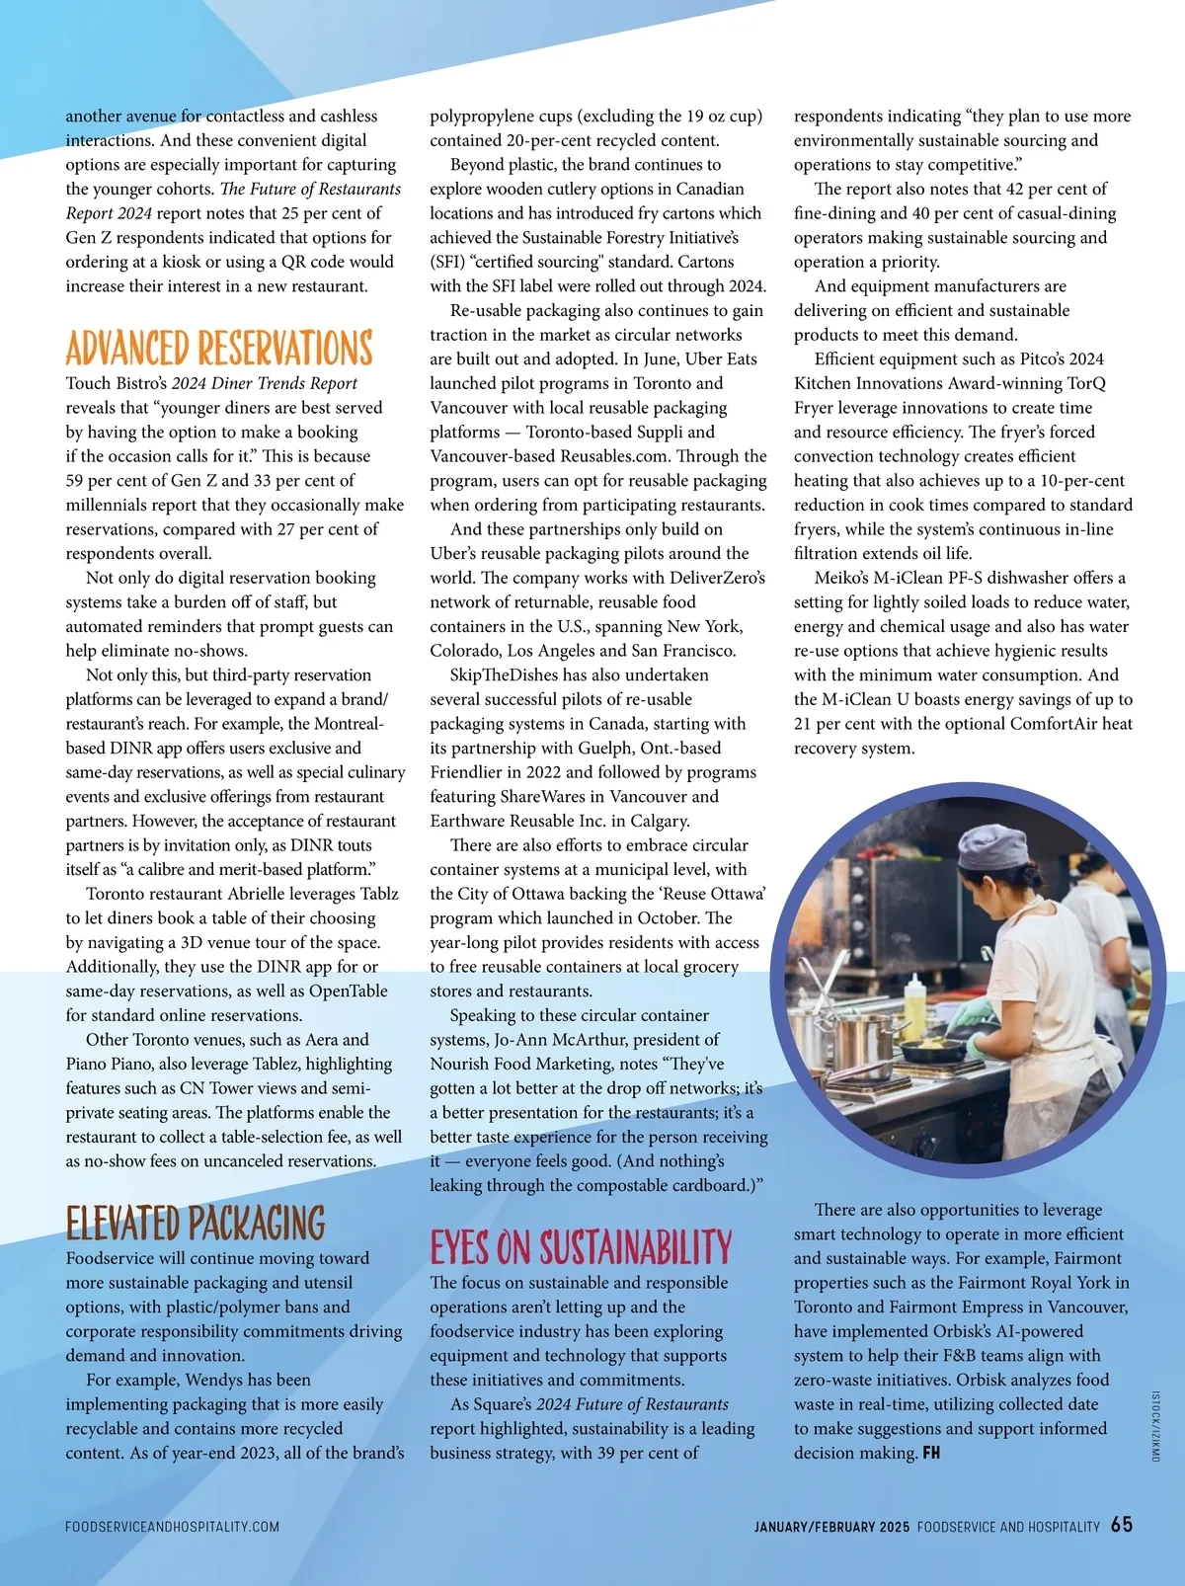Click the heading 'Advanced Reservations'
[x=219, y=349]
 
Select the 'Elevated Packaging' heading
[x=196, y=1224]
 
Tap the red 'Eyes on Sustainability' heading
[x=581, y=1248]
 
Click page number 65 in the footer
[x=1122, y=1525]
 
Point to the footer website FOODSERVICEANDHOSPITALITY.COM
[x=172, y=1527]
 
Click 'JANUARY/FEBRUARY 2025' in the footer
[x=831, y=1527]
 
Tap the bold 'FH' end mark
[x=931, y=1454]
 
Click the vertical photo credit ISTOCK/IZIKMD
[x=1155, y=1426]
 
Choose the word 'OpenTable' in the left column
[x=349, y=991]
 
